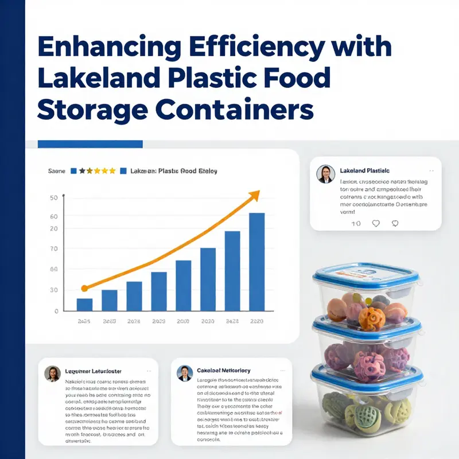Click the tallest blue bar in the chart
(x=256, y=262)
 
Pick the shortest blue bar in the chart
(x=84, y=304)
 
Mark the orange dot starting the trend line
(x=84, y=289)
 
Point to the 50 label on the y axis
(x=55, y=198)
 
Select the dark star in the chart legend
(x=82, y=171)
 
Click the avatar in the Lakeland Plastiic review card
(x=325, y=174)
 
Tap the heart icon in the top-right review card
(x=376, y=223)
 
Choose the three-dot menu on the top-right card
(x=431, y=171)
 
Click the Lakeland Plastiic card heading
(x=364, y=171)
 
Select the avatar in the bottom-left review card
(x=52, y=374)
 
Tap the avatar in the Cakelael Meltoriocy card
(x=185, y=373)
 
